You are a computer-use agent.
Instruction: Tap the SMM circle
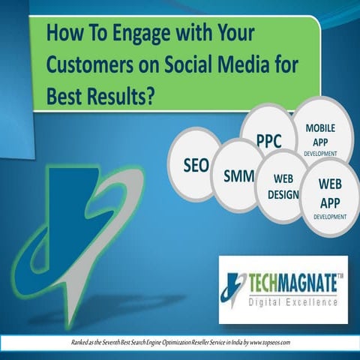[x=238, y=176]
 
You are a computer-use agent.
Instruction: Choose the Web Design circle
[x=282, y=187]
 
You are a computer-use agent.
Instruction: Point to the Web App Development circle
[x=330, y=197]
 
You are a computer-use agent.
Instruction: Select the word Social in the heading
[x=187, y=65]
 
